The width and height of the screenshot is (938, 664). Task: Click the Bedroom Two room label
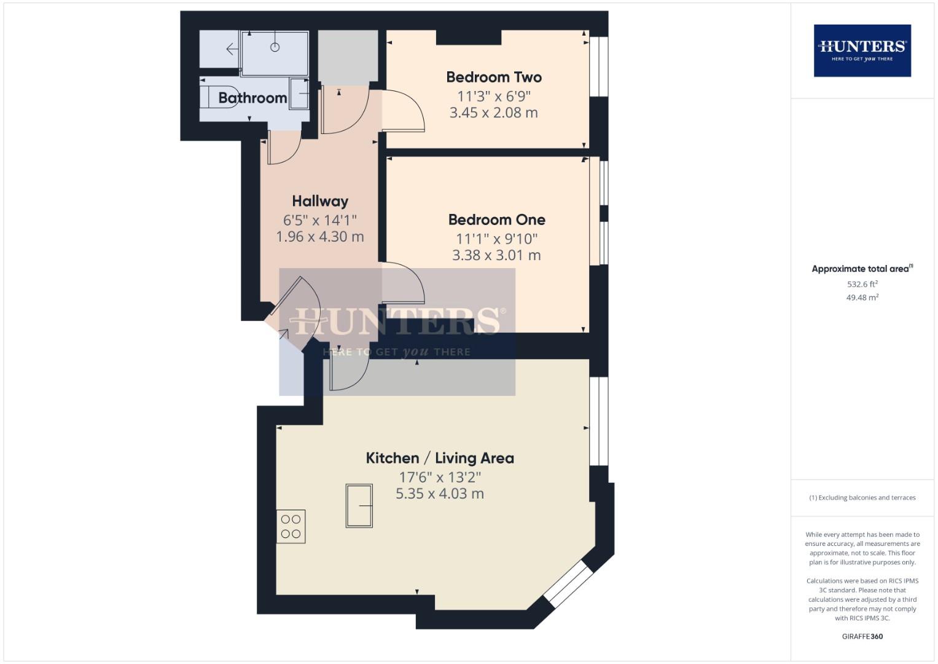click(x=494, y=77)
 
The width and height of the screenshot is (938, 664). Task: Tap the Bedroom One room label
click(x=496, y=220)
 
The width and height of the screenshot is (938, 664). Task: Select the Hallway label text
click(x=320, y=202)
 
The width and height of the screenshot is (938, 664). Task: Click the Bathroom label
click(x=252, y=98)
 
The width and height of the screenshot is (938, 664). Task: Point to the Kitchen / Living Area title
click(x=440, y=458)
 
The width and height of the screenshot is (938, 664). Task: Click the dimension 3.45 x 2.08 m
click(x=494, y=113)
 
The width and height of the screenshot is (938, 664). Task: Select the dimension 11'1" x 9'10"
click(x=496, y=239)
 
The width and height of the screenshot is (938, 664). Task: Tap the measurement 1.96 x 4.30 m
click(x=320, y=237)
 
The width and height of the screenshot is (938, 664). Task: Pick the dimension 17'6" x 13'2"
click(x=440, y=477)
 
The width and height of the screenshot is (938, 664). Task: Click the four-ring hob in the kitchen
click(x=291, y=526)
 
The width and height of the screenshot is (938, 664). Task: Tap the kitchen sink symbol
click(x=359, y=506)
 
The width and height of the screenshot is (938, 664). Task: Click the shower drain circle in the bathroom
click(x=275, y=47)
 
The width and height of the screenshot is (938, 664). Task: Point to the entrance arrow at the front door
click(x=283, y=334)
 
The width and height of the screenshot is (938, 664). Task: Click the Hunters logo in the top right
click(x=862, y=50)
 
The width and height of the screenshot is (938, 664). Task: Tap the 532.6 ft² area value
click(x=862, y=284)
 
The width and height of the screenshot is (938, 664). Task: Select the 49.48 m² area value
click(x=862, y=298)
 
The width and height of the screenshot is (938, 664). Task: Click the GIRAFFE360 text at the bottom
click(x=862, y=636)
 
